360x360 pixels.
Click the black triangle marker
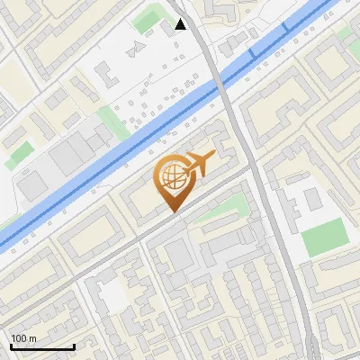(x=181, y=24)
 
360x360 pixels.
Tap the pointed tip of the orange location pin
(x=173, y=211)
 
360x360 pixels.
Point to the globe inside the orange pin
(x=173, y=177)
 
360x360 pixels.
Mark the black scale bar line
(x=41, y=346)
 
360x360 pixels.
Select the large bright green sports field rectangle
(x=323, y=237)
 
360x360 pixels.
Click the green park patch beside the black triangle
(x=148, y=20)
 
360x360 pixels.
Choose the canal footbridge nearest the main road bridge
(x=253, y=56)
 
